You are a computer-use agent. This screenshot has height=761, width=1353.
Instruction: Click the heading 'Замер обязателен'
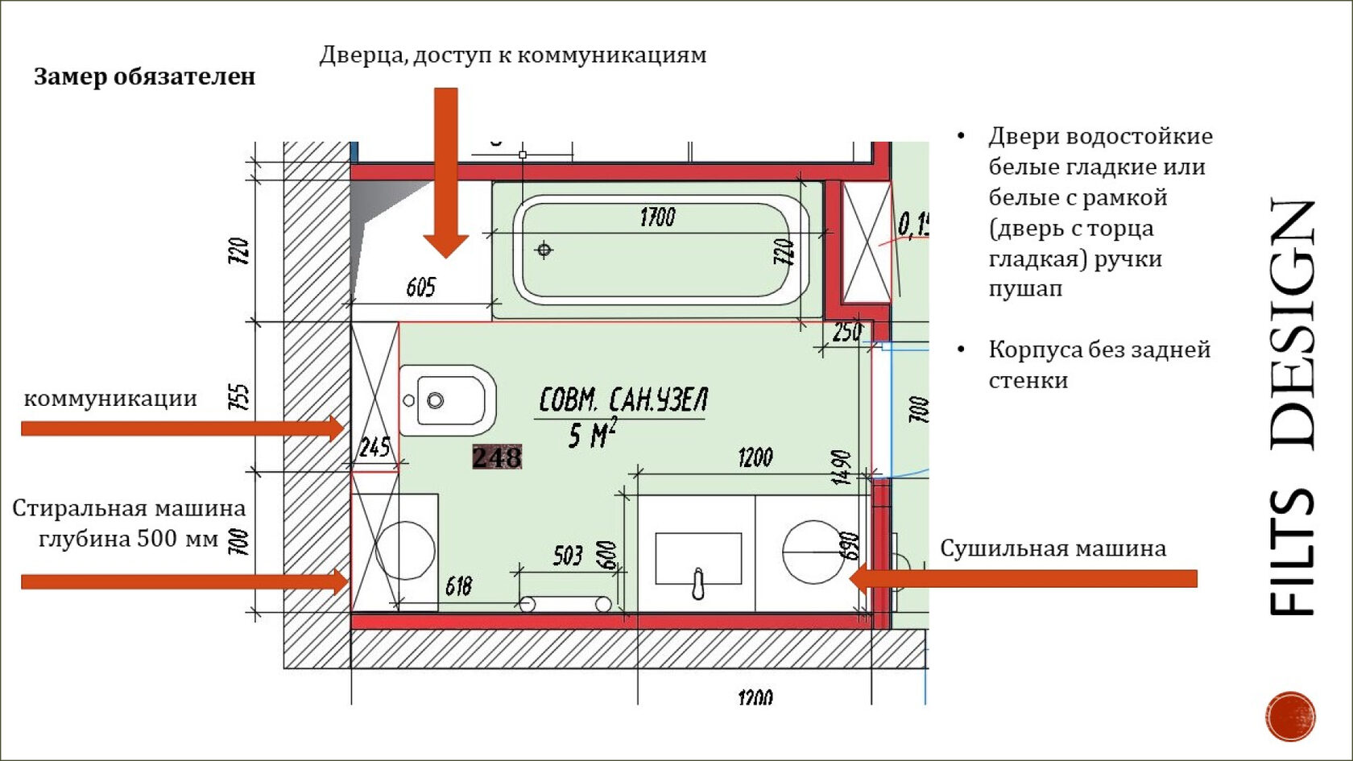click(144, 77)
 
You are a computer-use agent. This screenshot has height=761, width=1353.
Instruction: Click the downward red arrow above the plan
click(446, 173)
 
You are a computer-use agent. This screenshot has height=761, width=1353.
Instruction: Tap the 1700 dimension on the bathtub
click(657, 217)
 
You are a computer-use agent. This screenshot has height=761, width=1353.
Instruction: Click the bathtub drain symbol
click(544, 250)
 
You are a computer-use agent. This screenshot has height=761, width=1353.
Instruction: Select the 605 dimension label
click(420, 287)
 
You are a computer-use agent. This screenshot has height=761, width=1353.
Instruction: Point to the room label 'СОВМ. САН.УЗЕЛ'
click(623, 399)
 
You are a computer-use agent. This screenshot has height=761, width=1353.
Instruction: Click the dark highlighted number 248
click(497, 457)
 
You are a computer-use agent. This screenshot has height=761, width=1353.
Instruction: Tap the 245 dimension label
click(374, 447)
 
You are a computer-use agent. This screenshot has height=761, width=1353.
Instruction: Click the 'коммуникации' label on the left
click(110, 398)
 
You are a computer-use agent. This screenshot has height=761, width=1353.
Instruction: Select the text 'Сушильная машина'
click(1053, 548)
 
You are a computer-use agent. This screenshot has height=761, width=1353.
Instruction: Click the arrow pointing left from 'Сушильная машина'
click(1023, 578)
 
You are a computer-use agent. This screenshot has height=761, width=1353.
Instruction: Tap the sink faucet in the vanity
click(698, 583)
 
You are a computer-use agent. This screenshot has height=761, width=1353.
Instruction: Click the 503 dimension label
click(568, 555)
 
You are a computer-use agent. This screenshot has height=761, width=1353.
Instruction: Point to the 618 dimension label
click(458, 585)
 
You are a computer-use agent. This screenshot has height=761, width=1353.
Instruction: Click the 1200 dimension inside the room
click(755, 458)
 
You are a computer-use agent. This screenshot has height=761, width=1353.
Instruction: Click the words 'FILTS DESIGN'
click(1293, 407)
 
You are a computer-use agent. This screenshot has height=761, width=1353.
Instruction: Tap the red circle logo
click(1290, 716)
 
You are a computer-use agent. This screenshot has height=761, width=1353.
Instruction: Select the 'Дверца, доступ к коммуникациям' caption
click(513, 55)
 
